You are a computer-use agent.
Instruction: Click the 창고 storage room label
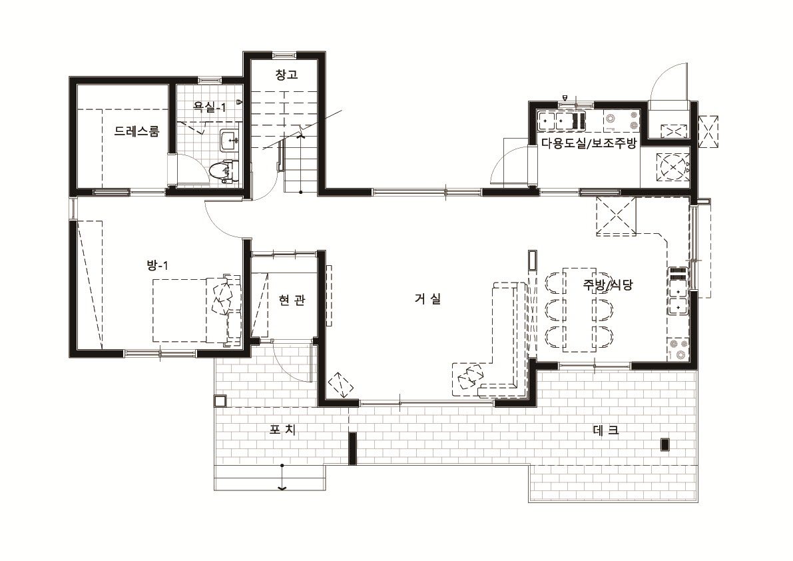[x=286, y=75]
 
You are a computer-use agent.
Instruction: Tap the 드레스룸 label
[x=136, y=131]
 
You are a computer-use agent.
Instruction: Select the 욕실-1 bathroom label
[x=210, y=107]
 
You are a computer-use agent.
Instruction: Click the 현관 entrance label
[x=292, y=300]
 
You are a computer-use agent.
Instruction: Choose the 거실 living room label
[x=428, y=298]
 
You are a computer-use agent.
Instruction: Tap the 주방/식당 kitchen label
[x=607, y=284]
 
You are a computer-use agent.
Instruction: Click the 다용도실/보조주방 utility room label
[x=589, y=143]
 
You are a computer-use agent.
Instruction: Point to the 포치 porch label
[x=282, y=430]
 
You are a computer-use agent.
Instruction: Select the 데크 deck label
[x=605, y=431]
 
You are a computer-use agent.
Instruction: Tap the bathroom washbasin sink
[x=229, y=140]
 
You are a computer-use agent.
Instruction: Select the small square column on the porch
[x=220, y=401]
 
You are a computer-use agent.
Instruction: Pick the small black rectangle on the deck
[x=666, y=444]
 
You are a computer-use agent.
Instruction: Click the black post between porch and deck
[x=353, y=448]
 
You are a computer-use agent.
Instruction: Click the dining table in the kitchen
[x=579, y=310]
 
